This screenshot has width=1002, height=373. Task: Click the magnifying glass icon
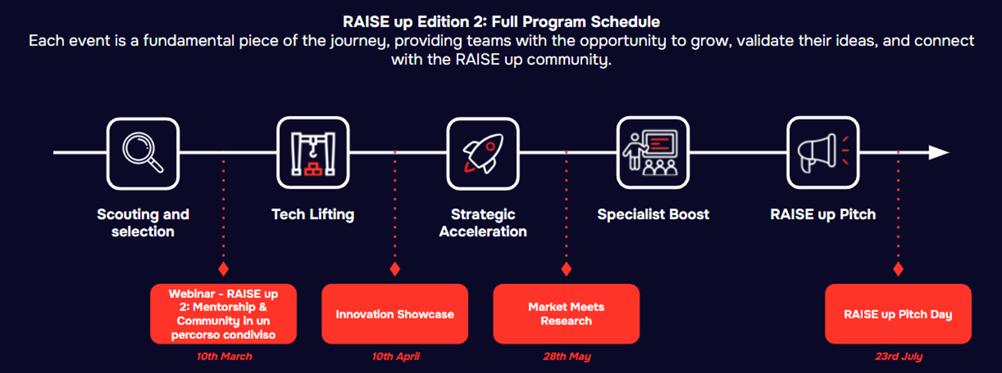coord(142,153)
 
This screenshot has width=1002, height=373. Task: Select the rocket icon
coord(483,153)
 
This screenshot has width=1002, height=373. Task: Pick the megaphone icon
coord(823,153)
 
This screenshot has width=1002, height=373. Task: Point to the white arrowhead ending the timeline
coord(939,152)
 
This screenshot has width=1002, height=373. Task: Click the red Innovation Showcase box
coord(395,314)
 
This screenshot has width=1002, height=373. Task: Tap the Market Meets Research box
coord(566,314)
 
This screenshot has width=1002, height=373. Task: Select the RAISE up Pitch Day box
coord(898,314)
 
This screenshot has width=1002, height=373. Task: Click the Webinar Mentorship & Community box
coord(223,314)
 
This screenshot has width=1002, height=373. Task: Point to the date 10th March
coord(224,356)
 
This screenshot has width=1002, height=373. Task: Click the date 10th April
coord(396,356)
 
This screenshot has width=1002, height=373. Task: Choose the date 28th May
coord(567,356)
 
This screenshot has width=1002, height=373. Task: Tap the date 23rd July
coord(899,356)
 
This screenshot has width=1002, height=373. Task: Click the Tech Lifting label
coord(313,214)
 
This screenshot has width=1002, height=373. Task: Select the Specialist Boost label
coord(653,214)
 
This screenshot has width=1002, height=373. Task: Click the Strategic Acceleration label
coord(483,223)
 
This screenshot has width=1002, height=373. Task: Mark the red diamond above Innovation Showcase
coord(395,269)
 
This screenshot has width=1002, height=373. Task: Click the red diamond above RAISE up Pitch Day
coord(898,269)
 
